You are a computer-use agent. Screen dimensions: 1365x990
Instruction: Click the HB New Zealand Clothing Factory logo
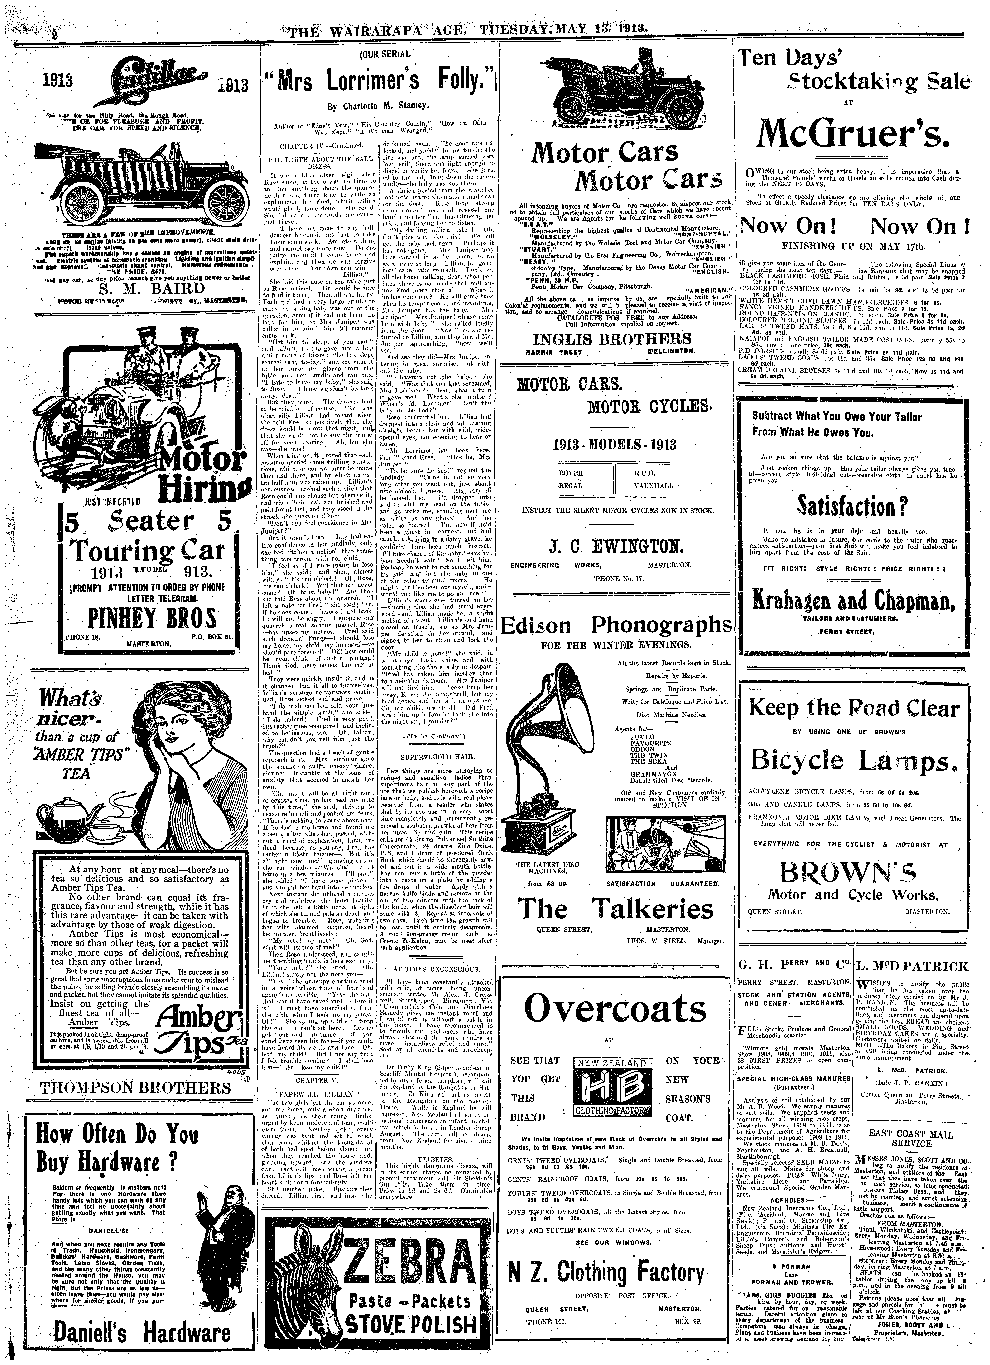tap(611, 1088)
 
